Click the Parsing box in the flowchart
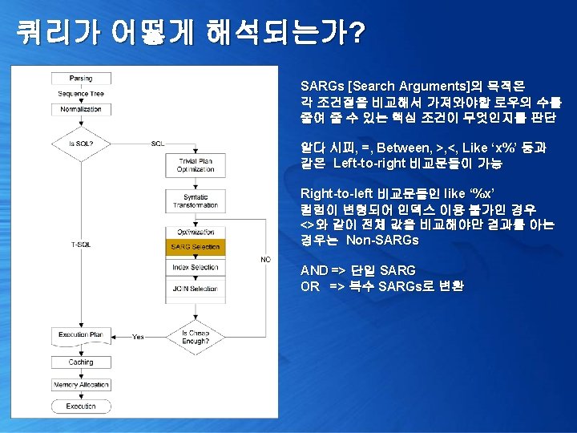81,79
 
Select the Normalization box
81,108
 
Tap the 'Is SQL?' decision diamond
81,144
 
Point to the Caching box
81,362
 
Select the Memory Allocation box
81,385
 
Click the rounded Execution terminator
81,407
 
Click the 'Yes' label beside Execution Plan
138,337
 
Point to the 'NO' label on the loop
265,259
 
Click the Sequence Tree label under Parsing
81,94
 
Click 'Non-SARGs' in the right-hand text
381,241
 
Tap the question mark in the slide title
358,33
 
